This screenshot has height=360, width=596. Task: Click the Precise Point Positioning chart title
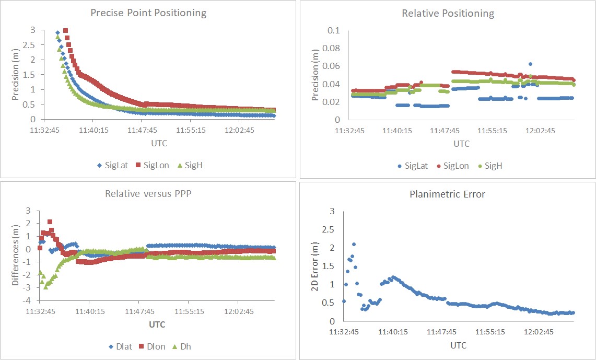148,13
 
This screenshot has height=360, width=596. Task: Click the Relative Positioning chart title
448,14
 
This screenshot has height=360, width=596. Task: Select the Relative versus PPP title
148,194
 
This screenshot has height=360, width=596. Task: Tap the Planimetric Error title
448,194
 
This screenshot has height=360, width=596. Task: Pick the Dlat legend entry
120,346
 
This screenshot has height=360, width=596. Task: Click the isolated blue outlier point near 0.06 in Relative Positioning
530,64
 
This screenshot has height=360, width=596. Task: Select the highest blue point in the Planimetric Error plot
354,244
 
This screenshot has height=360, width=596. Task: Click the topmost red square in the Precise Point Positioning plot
65,31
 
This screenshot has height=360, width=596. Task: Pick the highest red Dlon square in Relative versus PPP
50,222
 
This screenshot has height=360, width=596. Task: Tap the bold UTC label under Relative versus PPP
157,324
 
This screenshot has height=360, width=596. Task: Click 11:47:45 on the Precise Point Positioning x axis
143,130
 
